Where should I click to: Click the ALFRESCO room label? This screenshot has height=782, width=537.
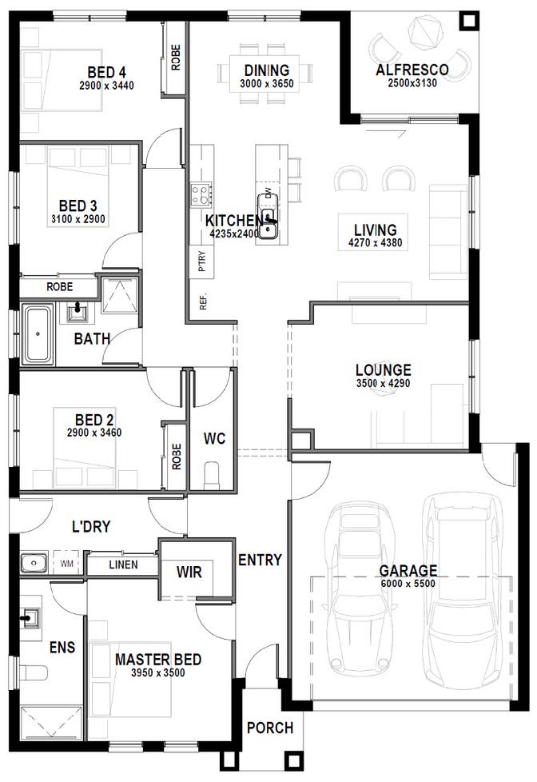point(412,70)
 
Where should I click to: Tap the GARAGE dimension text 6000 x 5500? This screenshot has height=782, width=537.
point(408,584)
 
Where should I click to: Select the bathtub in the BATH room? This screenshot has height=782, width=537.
point(38,335)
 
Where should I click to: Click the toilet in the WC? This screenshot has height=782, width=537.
point(212,476)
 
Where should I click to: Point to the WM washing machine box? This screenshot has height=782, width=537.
point(67,564)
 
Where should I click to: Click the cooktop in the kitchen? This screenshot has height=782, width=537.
point(201,195)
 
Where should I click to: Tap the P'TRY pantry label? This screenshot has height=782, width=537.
point(202,261)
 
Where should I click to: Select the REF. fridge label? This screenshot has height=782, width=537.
point(203,301)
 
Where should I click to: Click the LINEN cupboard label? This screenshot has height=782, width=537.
point(123,565)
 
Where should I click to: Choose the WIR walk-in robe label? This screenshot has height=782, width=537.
point(189,572)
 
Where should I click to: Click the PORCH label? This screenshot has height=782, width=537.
point(270,728)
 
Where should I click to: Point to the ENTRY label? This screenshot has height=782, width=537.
point(260,560)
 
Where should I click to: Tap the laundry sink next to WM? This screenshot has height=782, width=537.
point(34,563)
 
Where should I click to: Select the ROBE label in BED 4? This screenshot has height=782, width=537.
point(176,58)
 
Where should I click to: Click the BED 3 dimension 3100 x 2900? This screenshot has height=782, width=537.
point(78,218)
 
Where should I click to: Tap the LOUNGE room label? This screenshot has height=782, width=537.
point(384,370)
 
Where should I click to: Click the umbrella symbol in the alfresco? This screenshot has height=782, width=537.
point(425,33)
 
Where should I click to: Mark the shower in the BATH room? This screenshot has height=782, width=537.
point(120,295)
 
